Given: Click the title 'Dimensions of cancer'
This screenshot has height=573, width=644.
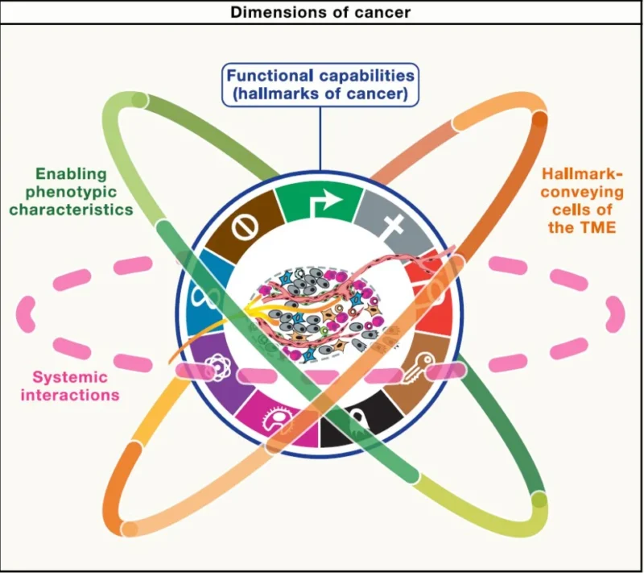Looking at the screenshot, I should pos(321,12).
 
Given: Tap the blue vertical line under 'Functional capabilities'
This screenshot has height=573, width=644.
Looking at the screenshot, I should pos(320,145).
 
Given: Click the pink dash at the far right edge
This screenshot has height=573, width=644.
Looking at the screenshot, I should pos(616,312).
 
